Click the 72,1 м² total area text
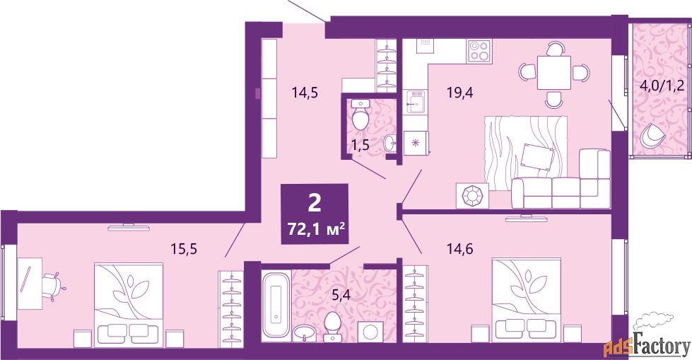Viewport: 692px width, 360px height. (315, 230)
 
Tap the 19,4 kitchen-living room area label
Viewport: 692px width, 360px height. (459, 93)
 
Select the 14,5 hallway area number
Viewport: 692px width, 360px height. (305, 93)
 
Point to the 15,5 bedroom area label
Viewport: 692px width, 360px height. (184, 249)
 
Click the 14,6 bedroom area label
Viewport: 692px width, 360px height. (460, 249)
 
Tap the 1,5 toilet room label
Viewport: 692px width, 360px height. (360, 145)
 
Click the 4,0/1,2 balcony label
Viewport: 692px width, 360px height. (662, 85)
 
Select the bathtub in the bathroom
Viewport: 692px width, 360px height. (276, 306)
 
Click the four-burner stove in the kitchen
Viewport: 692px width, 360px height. (480, 50)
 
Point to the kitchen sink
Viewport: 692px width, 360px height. (415, 103)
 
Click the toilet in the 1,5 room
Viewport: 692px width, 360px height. (361, 115)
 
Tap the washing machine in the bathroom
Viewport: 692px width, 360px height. (370, 331)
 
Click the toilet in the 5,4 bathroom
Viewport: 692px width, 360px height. (332, 327)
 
